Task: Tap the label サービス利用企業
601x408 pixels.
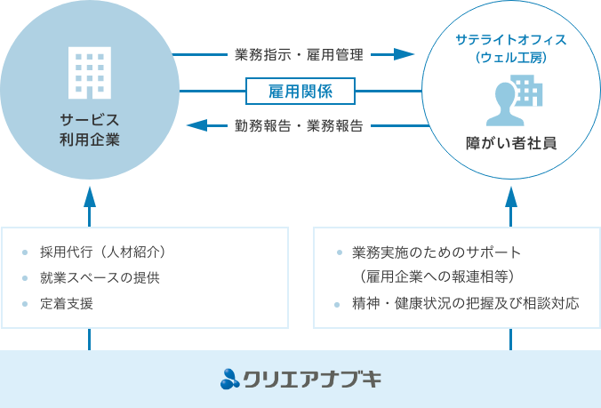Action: point(89,130)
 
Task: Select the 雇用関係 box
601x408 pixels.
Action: point(300,91)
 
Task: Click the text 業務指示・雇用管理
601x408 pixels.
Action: point(300,55)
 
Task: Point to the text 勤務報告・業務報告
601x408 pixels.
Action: point(300,126)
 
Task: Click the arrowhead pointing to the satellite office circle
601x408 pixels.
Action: point(405,55)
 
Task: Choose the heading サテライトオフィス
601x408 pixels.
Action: point(510,40)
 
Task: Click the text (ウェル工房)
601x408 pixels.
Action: point(510,59)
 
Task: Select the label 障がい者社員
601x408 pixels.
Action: point(510,142)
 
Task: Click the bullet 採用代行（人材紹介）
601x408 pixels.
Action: point(103,251)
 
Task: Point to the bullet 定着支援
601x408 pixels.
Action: point(67,304)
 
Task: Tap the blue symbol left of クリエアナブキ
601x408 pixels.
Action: point(229,380)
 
